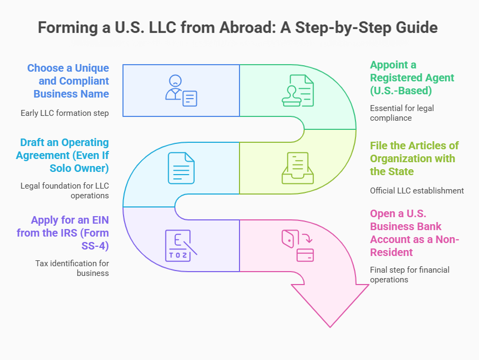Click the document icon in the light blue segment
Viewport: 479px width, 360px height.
(x=181, y=168)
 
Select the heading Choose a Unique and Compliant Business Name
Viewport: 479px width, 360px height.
(x=68, y=81)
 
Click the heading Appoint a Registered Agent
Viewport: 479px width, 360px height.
(x=405, y=78)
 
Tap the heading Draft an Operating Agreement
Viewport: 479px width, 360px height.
(x=64, y=155)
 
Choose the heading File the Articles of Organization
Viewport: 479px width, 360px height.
(x=414, y=158)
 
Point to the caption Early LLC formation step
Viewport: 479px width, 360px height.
(x=65, y=113)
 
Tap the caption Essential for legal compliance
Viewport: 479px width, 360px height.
(x=402, y=113)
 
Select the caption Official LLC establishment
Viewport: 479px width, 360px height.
(x=416, y=190)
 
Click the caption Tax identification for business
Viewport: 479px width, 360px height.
(x=72, y=268)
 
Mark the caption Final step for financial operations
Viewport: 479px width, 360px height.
(x=409, y=274)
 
